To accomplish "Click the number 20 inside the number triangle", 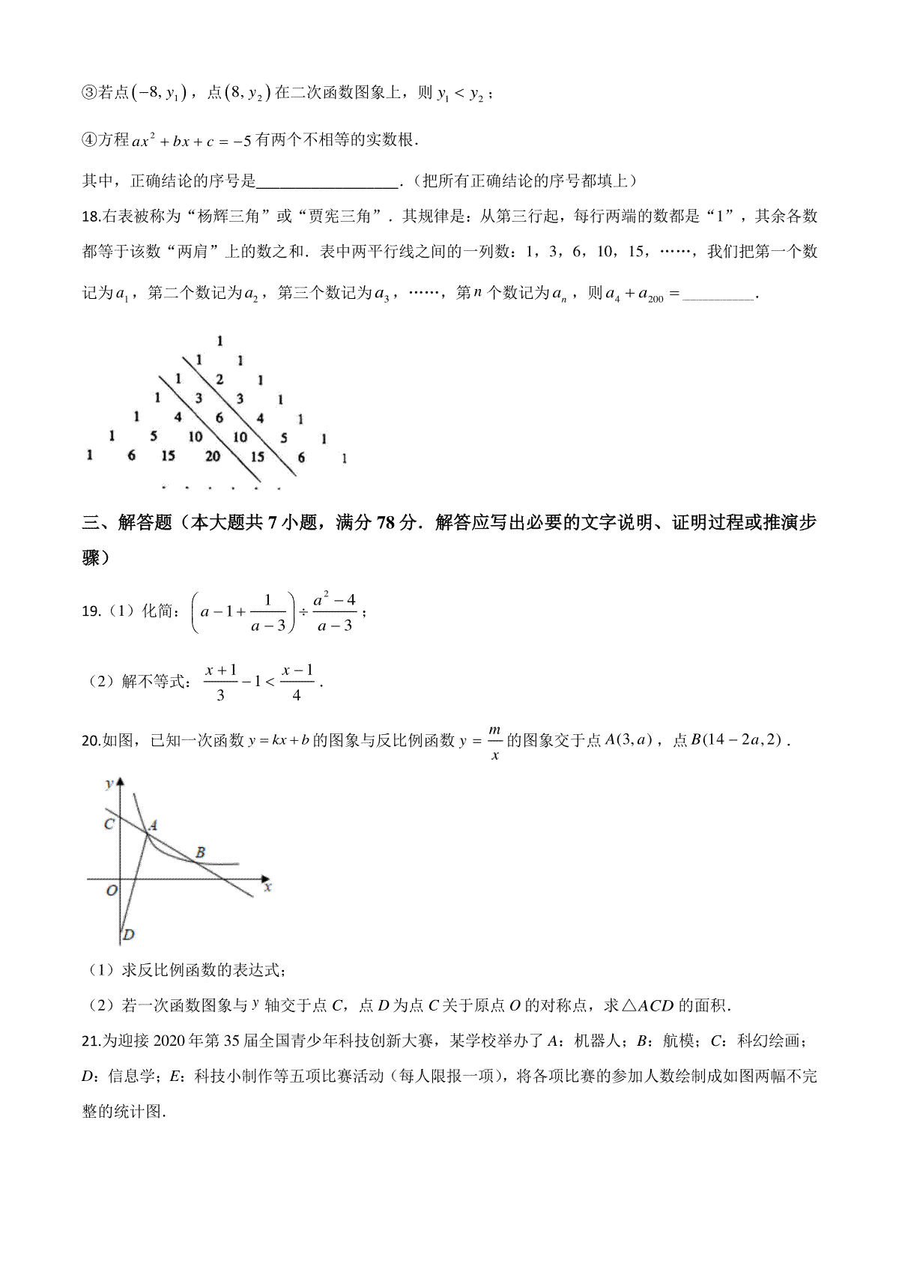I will point(213,455).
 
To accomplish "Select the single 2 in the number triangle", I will point(219,380).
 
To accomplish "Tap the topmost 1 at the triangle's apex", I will point(220,342).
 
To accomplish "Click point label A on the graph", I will point(153,826).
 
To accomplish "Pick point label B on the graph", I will point(200,852).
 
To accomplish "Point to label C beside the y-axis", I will point(109,824).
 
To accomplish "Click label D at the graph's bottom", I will point(128,934).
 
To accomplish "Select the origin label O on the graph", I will point(111,891).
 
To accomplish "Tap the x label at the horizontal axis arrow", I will point(267,887).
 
